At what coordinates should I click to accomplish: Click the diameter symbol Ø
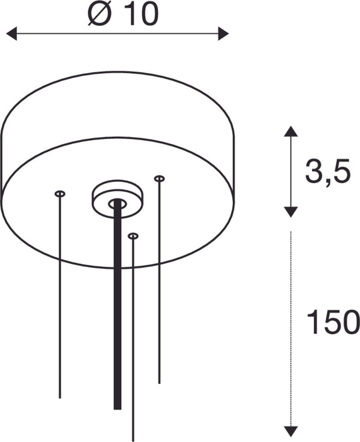pyautogui.click(x=99, y=14)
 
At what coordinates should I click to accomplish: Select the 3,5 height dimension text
pyautogui.click(x=327, y=172)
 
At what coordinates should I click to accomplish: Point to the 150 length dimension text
pyautogui.click(x=327, y=323)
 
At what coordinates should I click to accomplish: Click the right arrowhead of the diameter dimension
pyautogui.click(x=223, y=33)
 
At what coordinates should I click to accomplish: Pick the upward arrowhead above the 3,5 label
pyautogui.click(x=289, y=131)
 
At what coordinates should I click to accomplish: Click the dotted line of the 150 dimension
pyautogui.click(x=289, y=316)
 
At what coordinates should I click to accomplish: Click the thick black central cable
pyautogui.click(x=116, y=303)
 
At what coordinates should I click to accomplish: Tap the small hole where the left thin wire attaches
pyautogui.click(x=60, y=193)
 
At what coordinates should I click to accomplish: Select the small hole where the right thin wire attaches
pyautogui.click(x=159, y=179)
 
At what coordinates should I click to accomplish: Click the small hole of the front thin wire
pyautogui.click(x=133, y=236)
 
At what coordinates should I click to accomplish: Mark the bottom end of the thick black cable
pyautogui.click(x=116, y=407)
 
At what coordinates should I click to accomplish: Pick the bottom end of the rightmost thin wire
pyautogui.click(x=159, y=382)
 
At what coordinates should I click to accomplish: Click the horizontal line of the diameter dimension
pyautogui.click(x=117, y=33)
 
